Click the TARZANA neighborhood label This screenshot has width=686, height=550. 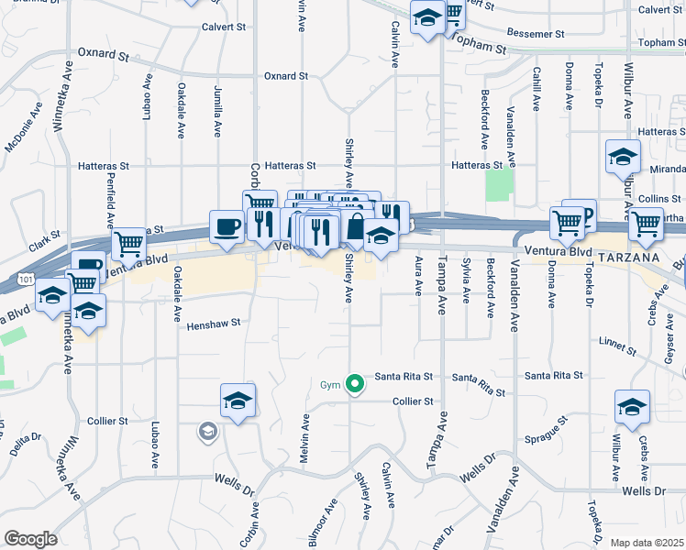click(629, 258)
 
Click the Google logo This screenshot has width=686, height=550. click(30, 539)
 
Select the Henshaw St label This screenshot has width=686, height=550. click(214, 324)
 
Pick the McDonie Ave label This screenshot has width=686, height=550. click(24, 133)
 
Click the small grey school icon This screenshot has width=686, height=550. click(208, 431)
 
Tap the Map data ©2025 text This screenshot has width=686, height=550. click(647, 543)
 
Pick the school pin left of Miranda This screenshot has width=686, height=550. click(623, 158)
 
